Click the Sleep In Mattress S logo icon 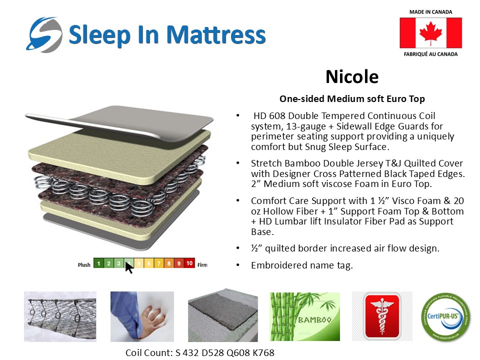44,34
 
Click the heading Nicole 352,77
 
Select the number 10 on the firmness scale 189,263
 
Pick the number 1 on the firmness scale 98,263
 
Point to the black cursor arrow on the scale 129,267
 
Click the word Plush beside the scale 84,264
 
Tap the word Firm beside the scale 202,264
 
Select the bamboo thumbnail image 304,317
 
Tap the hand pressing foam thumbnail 142,316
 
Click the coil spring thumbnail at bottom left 60,316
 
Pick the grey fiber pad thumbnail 222,316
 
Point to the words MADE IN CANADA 430,11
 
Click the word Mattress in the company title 215,34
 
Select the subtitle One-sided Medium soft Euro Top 352,99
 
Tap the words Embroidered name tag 301,265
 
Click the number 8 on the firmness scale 169,263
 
